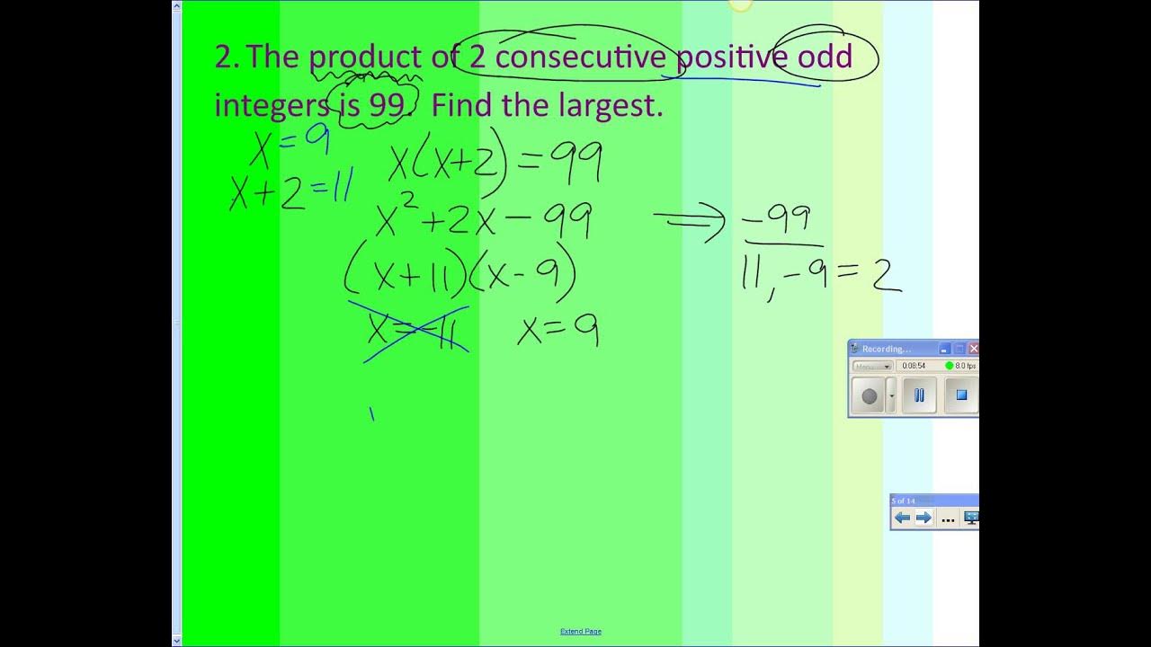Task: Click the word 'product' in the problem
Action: pyautogui.click(x=365, y=58)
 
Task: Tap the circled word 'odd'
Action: pyautogui.click(x=825, y=58)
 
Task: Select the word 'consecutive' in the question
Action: pyautogui.click(x=580, y=58)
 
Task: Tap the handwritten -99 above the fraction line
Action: pyautogui.click(x=778, y=220)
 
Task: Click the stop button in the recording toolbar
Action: pyautogui.click(x=960, y=394)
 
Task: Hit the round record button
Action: pyautogui.click(x=869, y=395)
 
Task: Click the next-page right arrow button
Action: pyautogui.click(x=923, y=518)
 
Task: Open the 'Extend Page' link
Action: pyautogui.click(x=580, y=632)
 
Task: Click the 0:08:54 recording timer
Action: pyautogui.click(x=914, y=366)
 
